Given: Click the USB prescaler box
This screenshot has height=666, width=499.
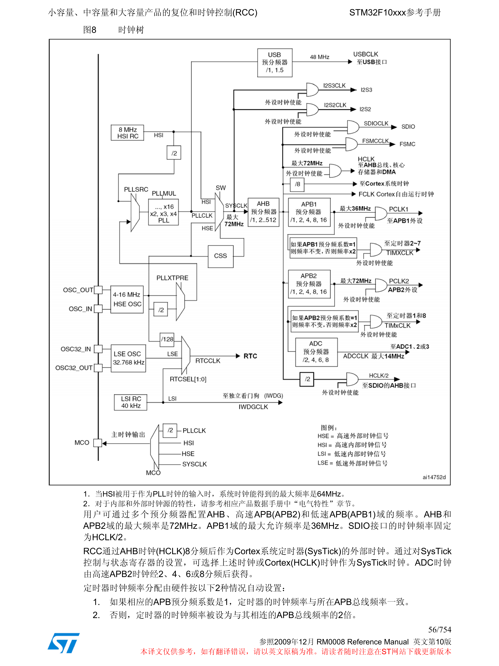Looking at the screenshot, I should pos(274,63).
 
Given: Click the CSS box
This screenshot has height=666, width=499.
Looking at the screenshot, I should pos(220,256).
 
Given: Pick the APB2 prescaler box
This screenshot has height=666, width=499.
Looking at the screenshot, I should pos(309,284).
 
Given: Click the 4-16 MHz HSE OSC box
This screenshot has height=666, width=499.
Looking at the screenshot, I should pos(127,299).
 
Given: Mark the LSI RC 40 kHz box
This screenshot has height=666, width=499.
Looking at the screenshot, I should pos(131,402).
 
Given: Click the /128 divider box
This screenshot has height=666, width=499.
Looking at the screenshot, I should pos(167,339).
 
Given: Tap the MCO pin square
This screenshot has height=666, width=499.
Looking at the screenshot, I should pos(98,443).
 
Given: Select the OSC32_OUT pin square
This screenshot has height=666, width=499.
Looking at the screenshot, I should pos(98,368).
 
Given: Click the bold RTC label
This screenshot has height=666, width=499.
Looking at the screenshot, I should pos(250,356).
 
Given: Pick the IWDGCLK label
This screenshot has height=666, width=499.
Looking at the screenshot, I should pos(253,407).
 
